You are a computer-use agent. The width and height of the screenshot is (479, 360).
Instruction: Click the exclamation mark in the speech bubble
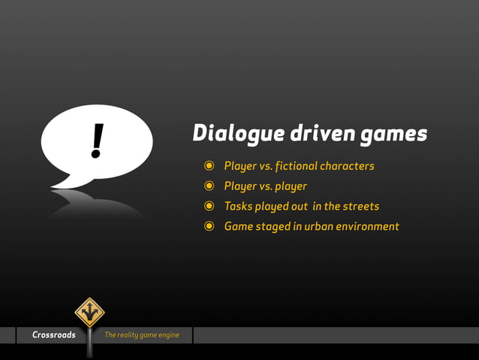(96, 141)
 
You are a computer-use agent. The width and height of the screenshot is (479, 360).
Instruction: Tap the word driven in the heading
(312, 133)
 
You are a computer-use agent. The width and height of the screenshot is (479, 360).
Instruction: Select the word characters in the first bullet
(347, 166)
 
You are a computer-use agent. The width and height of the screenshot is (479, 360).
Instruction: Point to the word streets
(362, 206)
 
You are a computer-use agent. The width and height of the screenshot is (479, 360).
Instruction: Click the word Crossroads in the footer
(54, 335)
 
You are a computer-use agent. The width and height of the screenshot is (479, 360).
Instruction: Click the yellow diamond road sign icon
(89, 312)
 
